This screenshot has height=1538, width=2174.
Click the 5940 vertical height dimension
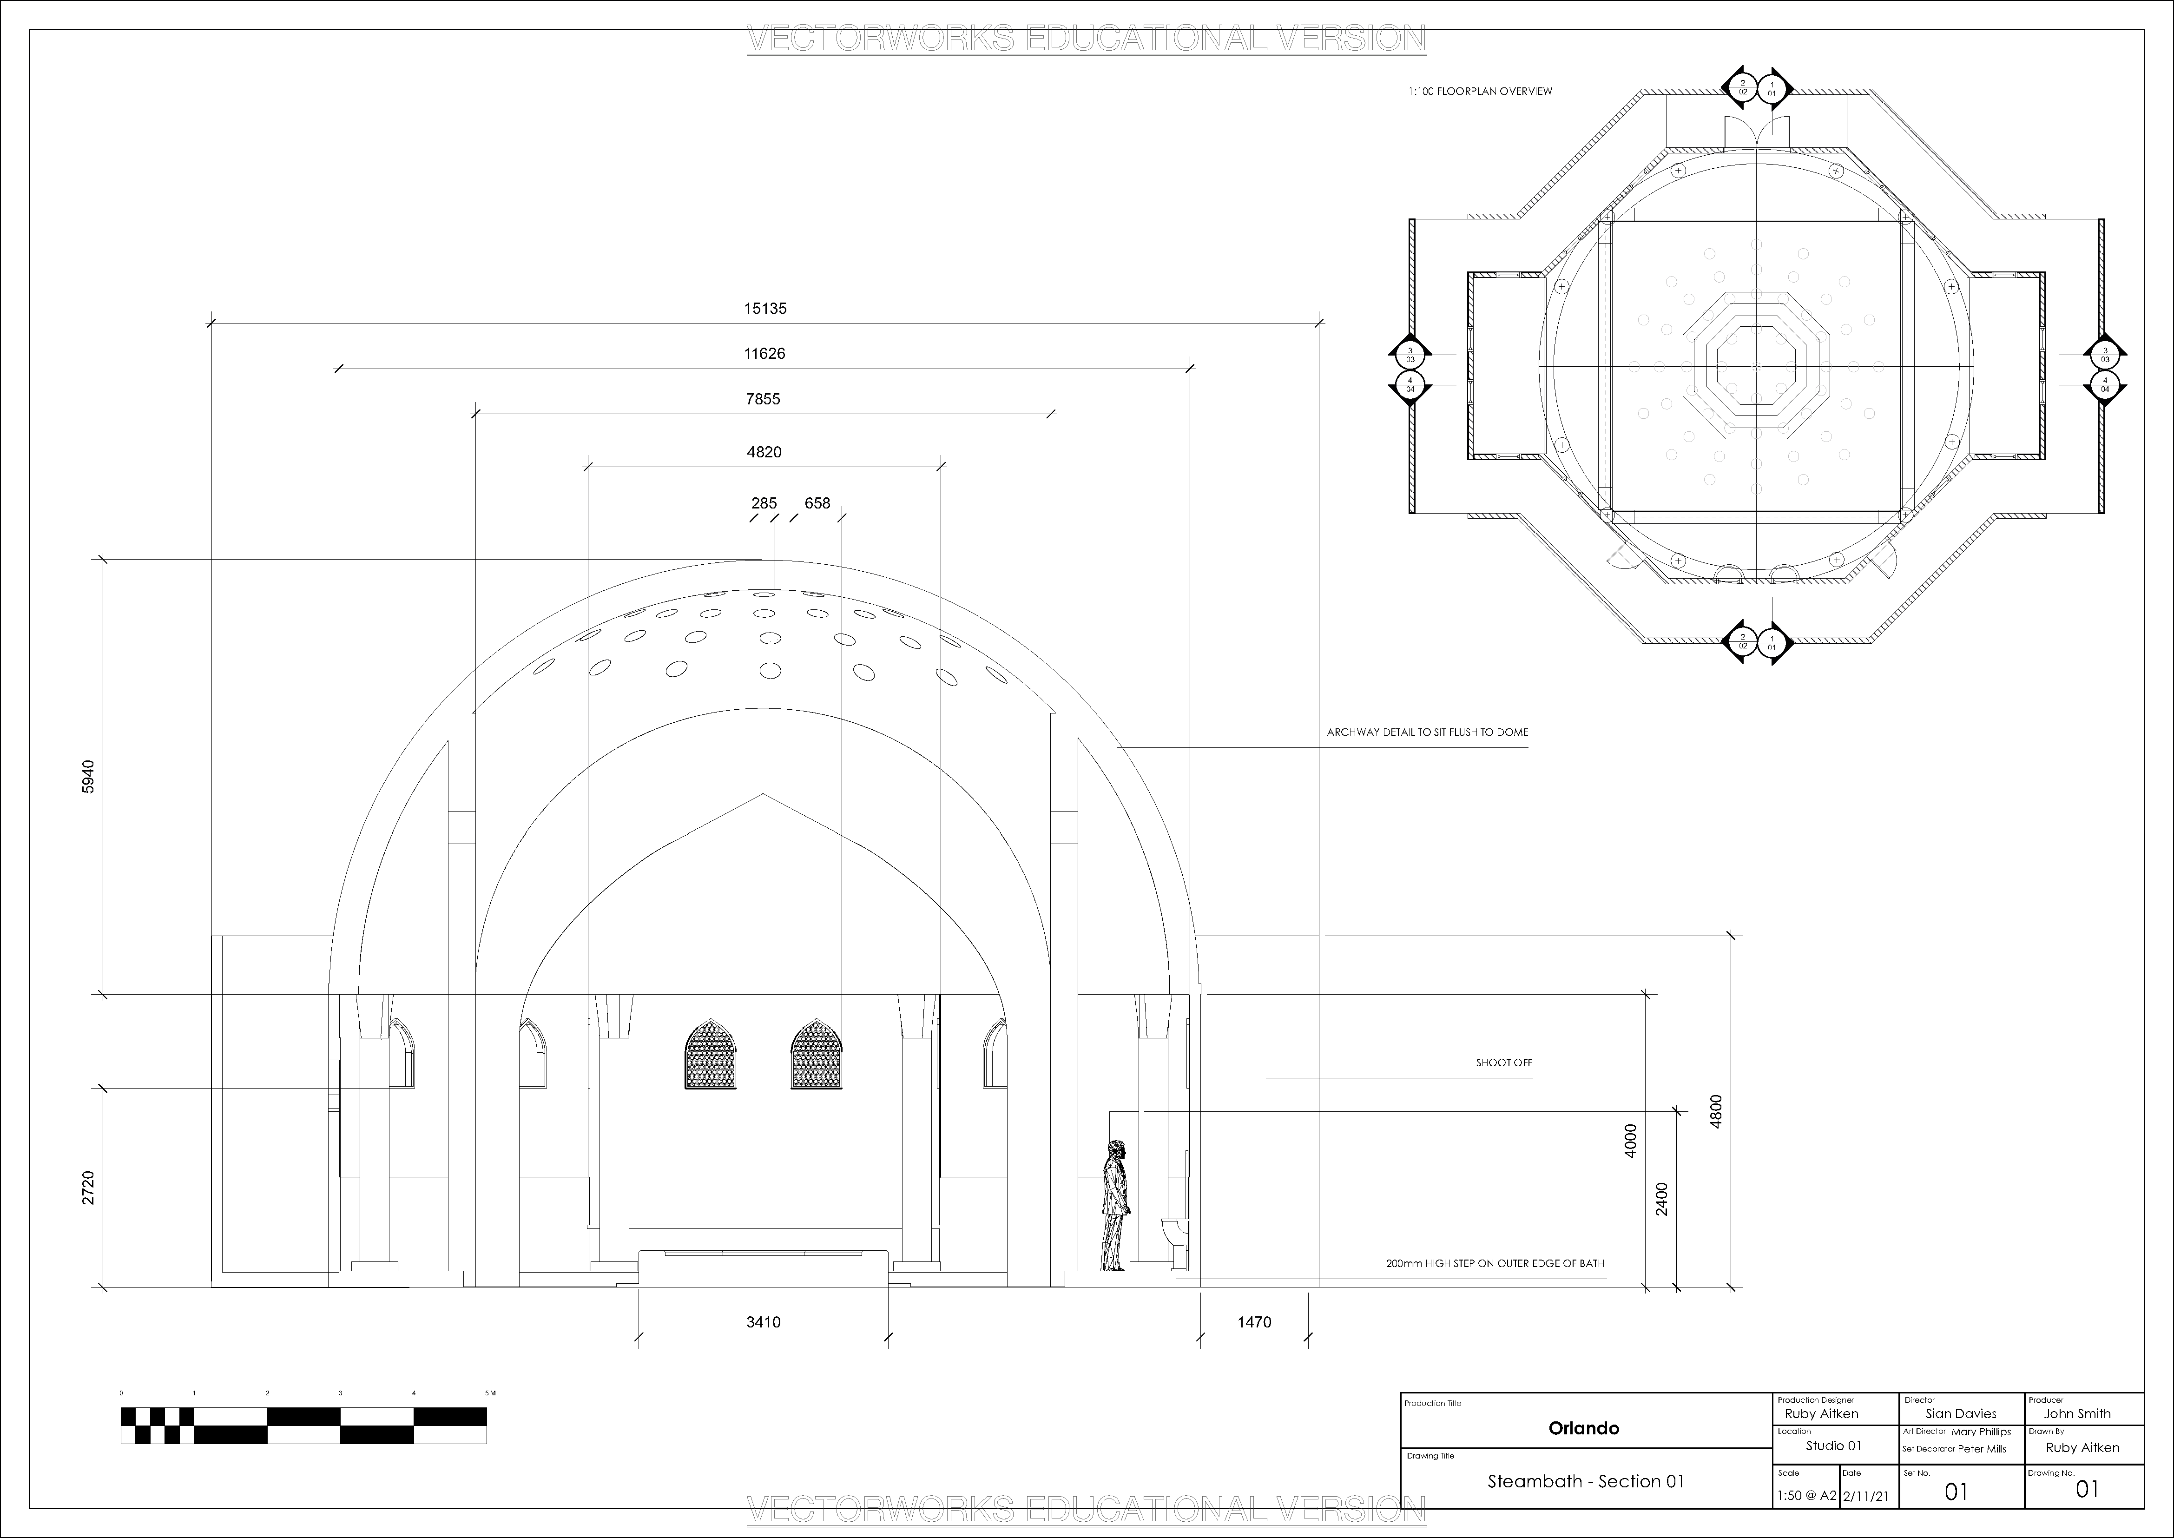[x=88, y=777]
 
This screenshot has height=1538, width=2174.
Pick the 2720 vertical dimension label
[x=88, y=1188]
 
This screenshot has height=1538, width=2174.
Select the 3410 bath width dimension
[x=763, y=1322]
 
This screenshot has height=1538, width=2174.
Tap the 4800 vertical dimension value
[x=1716, y=1111]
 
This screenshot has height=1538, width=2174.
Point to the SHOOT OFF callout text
[x=1503, y=1063]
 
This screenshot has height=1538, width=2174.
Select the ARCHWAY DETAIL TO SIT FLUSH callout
[x=1427, y=732]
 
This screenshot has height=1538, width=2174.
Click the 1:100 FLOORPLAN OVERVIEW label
[x=1480, y=92]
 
